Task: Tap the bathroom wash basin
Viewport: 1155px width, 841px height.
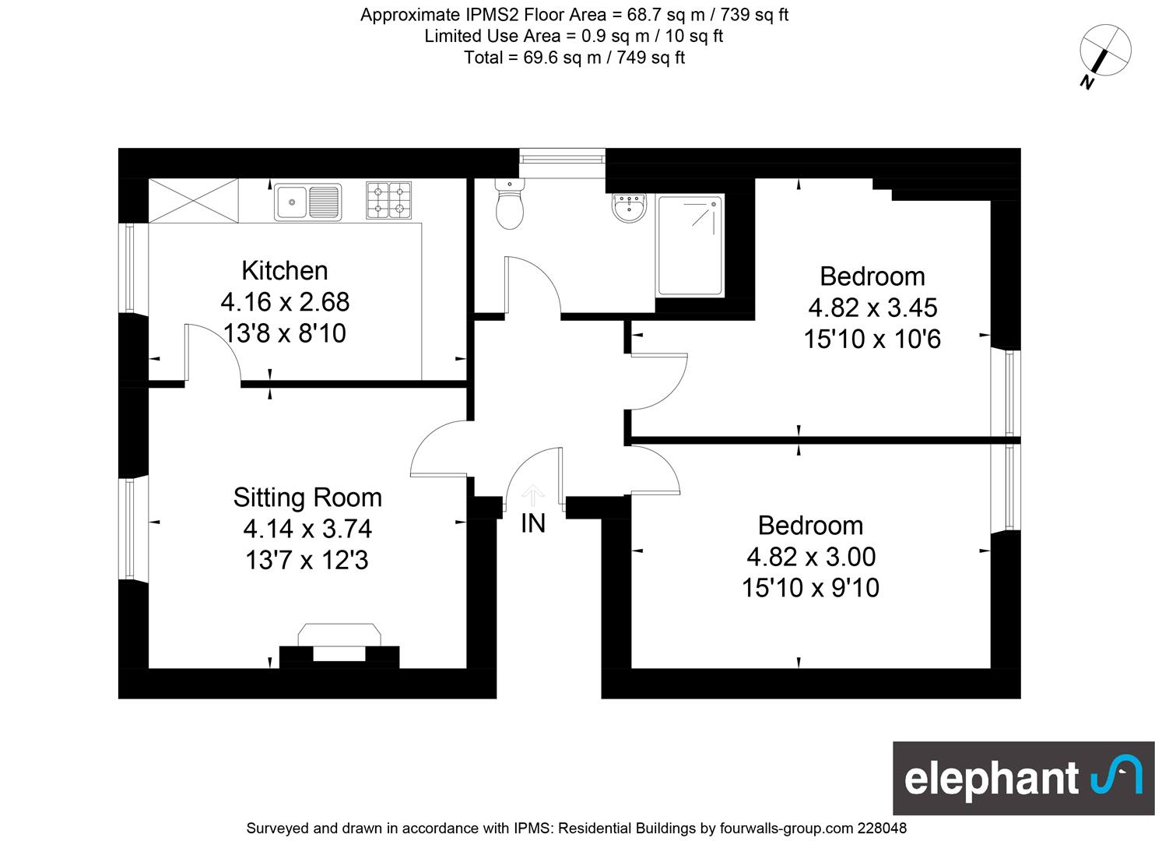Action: point(630,208)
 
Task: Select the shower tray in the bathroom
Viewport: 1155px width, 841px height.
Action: point(690,245)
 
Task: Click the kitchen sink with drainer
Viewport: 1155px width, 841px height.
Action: point(308,202)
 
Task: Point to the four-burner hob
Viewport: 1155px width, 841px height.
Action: point(389,200)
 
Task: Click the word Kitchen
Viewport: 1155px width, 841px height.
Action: point(285,271)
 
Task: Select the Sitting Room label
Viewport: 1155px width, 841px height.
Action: point(307,498)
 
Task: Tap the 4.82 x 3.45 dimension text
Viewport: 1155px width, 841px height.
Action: point(872,308)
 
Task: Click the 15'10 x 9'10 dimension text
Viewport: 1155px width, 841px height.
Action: point(810,588)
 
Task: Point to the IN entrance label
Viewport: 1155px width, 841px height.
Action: point(533,524)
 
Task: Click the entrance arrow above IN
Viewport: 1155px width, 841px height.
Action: point(532,495)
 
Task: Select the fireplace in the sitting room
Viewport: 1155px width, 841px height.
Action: point(339,646)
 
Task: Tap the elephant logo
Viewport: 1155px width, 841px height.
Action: point(1023,779)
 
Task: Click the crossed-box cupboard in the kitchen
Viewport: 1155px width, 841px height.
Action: point(193,201)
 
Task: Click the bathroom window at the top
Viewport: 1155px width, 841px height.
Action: point(562,157)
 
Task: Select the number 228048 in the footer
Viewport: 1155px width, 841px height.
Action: point(882,828)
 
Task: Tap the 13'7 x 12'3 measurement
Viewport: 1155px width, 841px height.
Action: point(307,561)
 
